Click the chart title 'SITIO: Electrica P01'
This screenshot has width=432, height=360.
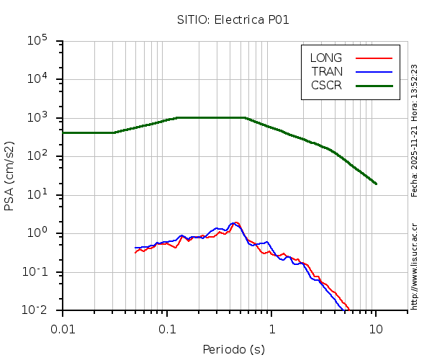(x=233, y=19)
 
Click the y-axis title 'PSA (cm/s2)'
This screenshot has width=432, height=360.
(x=10, y=176)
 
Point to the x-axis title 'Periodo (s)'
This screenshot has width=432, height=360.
(x=233, y=350)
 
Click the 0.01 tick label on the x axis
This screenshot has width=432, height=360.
(x=63, y=328)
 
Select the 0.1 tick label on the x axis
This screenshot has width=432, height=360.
(x=167, y=328)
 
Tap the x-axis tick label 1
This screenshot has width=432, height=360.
(x=271, y=328)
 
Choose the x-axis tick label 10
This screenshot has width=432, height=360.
(x=376, y=328)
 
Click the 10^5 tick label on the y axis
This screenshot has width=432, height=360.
(x=37, y=41)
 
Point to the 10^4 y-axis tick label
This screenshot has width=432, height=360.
(x=37, y=80)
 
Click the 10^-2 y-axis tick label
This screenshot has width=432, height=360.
(x=35, y=310)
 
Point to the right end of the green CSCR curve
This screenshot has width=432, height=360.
(x=376, y=184)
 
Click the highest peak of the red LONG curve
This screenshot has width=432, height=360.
(x=236, y=222)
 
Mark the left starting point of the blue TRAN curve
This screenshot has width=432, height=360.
(x=135, y=248)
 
